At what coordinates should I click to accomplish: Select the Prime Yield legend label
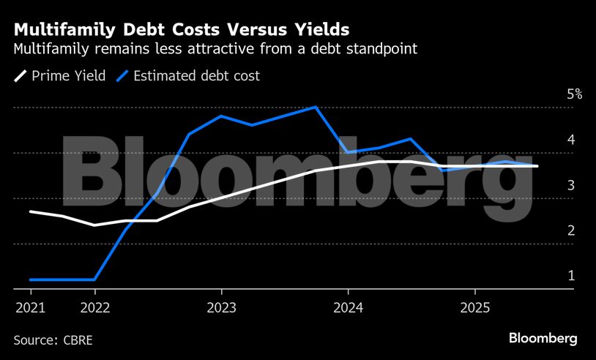pos(69,75)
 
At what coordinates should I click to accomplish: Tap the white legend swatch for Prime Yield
pos(21,75)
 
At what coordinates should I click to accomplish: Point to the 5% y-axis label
pos(574,94)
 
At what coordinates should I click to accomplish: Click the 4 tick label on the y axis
pos(570,140)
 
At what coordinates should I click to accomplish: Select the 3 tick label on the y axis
pos(570,185)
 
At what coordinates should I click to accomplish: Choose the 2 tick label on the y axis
pos(570,230)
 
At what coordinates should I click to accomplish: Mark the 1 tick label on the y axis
pos(570,276)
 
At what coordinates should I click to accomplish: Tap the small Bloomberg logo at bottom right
pos(543,339)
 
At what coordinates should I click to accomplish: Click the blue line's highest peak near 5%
pos(316,107)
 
